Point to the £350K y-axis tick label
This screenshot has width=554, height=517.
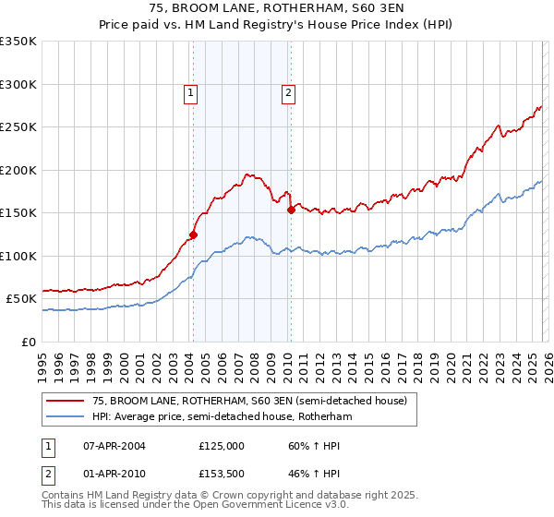(18, 42)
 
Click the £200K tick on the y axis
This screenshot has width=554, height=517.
(18, 170)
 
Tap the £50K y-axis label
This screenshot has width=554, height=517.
(21, 299)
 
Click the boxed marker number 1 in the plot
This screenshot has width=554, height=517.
(190, 91)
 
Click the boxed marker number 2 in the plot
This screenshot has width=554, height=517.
(288, 91)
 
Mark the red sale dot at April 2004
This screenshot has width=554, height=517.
(193, 234)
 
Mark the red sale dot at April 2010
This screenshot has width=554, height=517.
(291, 210)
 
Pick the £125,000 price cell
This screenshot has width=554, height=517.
(222, 445)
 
